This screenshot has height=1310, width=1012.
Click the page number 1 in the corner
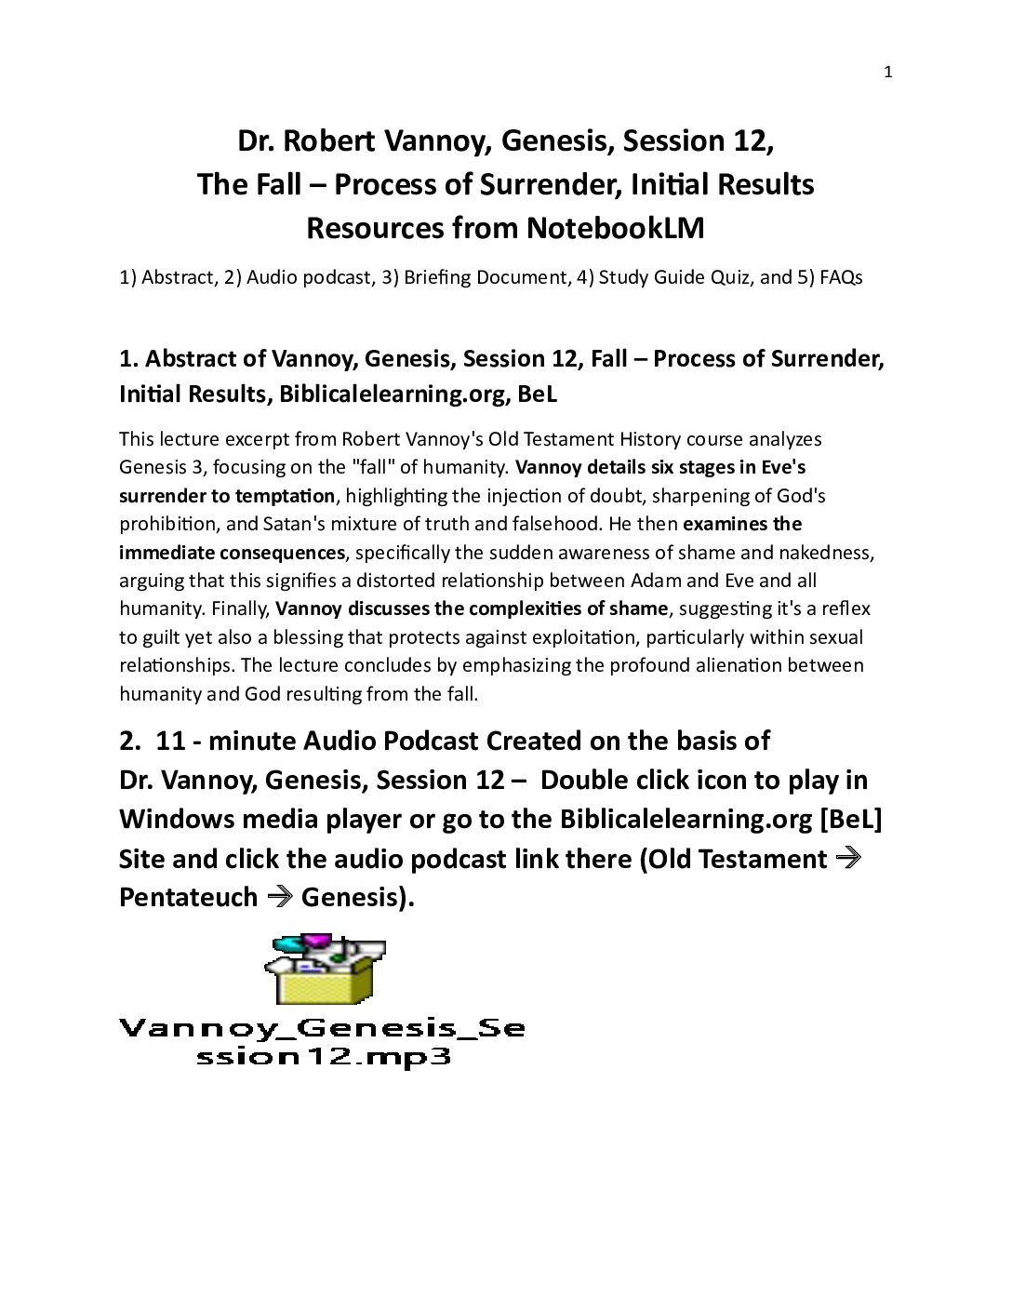coord(888,72)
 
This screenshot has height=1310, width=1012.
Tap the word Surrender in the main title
coord(542,184)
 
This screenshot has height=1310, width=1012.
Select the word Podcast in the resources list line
coord(336,277)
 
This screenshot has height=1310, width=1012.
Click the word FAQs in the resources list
coord(841,277)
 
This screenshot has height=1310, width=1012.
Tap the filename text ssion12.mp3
coord(324,1056)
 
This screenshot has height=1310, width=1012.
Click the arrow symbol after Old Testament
coord(847,858)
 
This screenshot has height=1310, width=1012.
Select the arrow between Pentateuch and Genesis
coord(280,897)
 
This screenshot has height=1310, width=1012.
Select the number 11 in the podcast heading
coord(170,741)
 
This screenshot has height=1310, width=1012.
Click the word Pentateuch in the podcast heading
coord(188,897)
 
